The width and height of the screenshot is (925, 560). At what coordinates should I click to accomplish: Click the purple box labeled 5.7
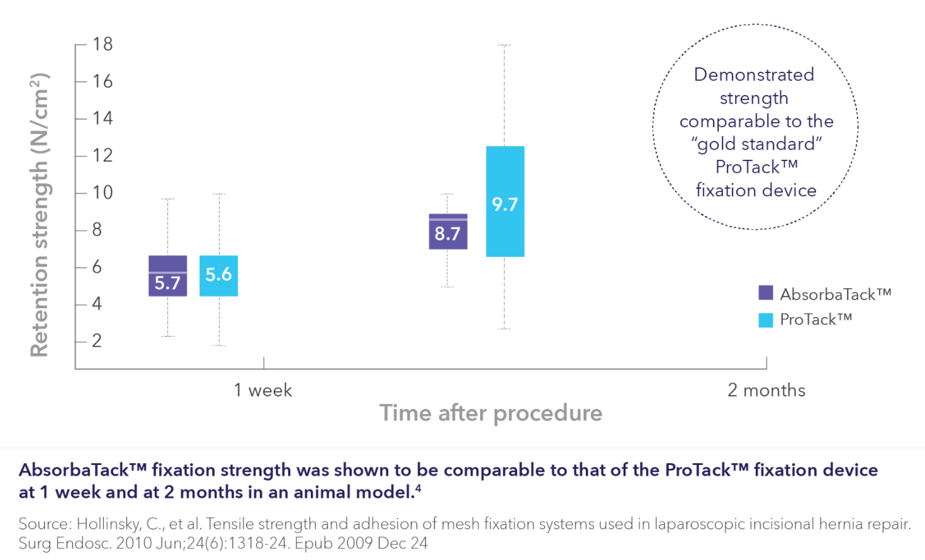(x=167, y=276)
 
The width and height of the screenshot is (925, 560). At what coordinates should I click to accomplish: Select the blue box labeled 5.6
(x=218, y=276)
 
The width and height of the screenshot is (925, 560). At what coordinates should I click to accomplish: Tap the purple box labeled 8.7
(x=447, y=232)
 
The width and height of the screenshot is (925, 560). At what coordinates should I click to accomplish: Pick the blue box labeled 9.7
(x=505, y=201)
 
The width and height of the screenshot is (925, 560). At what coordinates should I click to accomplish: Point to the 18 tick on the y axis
(x=102, y=44)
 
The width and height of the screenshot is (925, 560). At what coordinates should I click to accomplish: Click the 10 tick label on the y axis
(x=102, y=193)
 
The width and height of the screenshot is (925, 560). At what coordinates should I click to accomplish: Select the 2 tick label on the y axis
(x=97, y=341)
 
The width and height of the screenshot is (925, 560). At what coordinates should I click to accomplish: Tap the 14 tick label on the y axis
(x=102, y=118)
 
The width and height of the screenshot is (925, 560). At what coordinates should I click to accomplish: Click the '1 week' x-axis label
(x=263, y=390)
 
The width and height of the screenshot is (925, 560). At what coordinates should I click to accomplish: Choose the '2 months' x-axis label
(x=766, y=390)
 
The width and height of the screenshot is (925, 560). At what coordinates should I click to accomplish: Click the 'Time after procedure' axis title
(x=491, y=413)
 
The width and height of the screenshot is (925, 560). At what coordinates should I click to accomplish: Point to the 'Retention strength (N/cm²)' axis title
(x=39, y=214)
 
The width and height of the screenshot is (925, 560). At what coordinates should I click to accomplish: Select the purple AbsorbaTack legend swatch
(x=766, y=293)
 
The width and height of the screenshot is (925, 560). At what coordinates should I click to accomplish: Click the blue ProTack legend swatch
(x=766, y=320)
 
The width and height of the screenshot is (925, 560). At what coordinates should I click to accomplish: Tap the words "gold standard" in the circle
(x=756, y=144)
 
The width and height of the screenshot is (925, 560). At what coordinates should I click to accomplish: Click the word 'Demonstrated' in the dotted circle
(x=754, y=75)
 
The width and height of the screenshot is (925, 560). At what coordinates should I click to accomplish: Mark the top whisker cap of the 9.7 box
(x=504, y=45)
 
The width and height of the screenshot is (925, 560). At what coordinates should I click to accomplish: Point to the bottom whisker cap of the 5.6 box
(x=219, y=345)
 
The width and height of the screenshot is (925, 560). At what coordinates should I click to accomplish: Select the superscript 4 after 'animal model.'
(x=418, y=488)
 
